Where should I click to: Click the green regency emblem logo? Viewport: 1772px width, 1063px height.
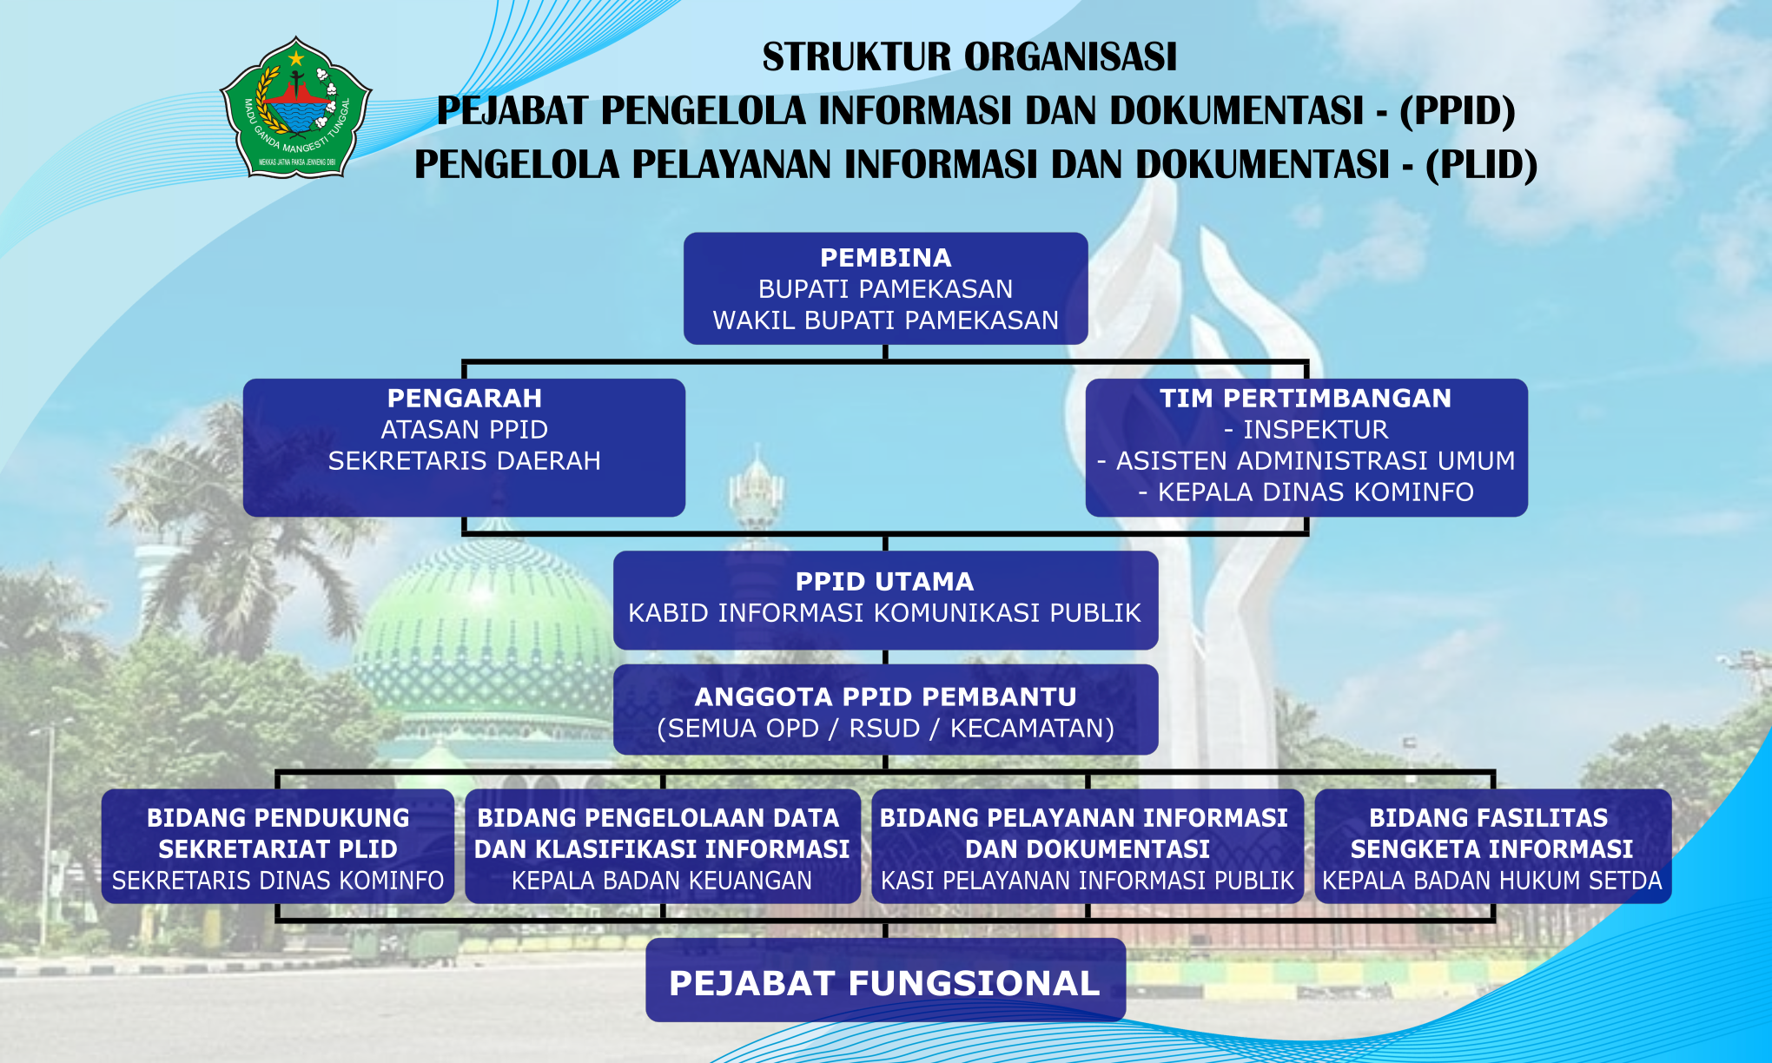point(296,108)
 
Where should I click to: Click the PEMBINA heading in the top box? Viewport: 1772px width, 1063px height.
point(886,258)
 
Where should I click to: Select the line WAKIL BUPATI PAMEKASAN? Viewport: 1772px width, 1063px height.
point(886,320)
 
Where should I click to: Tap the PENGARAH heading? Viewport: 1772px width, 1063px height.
point(465,399)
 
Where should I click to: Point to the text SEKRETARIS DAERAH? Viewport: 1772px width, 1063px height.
point(465,461)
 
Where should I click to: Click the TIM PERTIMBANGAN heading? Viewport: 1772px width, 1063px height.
point(1306,399)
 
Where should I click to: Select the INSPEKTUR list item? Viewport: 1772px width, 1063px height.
point(1306,430)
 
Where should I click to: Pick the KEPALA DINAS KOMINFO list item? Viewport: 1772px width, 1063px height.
point(1306,492)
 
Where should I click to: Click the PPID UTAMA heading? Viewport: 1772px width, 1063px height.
point(885,582)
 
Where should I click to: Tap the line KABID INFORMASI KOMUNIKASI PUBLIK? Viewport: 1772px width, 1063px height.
point(885,613)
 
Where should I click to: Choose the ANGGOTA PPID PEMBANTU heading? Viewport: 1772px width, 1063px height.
point(886,697)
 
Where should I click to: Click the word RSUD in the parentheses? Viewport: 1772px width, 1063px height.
point(884,729)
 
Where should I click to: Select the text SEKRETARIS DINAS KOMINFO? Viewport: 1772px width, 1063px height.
point(278,881)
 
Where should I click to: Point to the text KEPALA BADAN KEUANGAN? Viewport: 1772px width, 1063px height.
point(662,881)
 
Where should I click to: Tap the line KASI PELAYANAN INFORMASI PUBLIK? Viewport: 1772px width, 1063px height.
point(1088,881)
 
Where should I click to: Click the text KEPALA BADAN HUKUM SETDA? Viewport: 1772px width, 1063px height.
point(1492,881)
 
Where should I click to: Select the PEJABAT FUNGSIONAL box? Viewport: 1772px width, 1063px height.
point(886,980)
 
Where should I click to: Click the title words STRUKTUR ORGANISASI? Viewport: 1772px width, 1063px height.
point(969,57)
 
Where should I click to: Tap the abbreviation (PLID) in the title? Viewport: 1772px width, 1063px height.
point(1482,165)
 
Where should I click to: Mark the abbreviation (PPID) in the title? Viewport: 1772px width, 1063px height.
point(1458,111)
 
